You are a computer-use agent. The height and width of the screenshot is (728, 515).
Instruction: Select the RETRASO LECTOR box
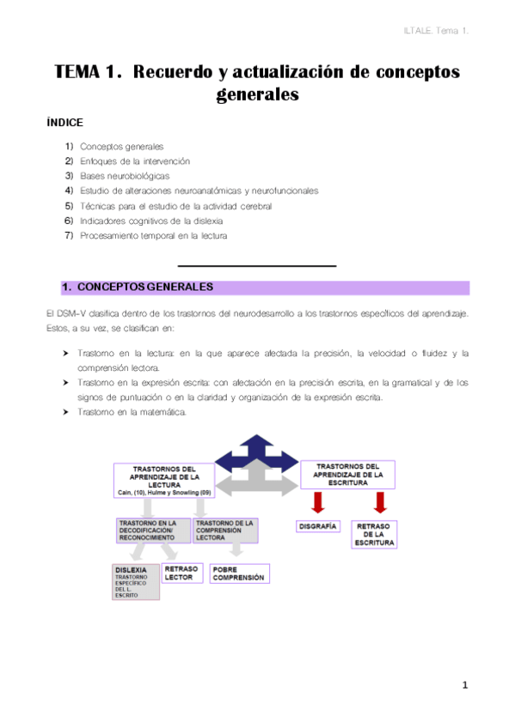[181, 573]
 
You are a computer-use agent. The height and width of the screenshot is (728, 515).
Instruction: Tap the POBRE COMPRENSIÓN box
[239, 573]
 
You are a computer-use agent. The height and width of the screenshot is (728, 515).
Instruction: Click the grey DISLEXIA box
[136, 581]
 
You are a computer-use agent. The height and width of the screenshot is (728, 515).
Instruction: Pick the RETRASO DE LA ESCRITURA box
[375, 533]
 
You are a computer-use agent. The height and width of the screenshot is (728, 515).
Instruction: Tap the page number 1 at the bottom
[463, 685]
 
